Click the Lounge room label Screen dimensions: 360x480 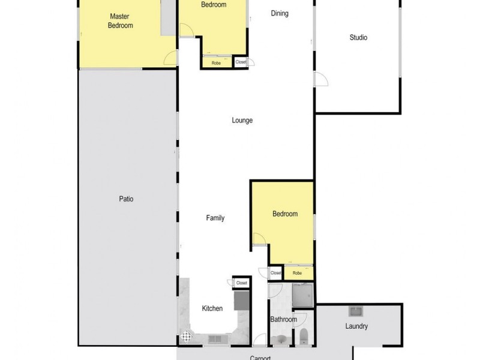click(242, 120)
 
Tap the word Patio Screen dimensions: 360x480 click(125, 199)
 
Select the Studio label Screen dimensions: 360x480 click(358, 38)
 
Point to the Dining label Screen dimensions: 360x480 click(280, 14)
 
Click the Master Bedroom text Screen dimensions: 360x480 click(120, 21)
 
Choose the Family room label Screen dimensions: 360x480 click(215, 218)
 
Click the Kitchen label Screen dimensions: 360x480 click(212, 308)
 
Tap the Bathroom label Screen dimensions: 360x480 click(283, 319)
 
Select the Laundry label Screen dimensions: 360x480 click(356, 326)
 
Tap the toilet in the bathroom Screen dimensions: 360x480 click(303, 336)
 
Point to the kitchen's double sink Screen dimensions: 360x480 click(215, 340)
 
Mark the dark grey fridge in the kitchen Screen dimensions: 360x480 click(241, 299)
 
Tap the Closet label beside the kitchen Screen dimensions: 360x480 click(242, 283)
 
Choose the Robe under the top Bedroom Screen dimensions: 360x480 click(216, 62)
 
